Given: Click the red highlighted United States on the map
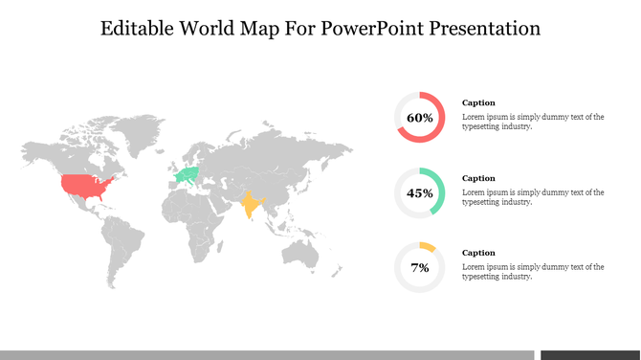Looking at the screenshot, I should (x=84, y=185).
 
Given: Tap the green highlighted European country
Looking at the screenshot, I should (x=188, y=174).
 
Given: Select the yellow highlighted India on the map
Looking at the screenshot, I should (x=251, y=204).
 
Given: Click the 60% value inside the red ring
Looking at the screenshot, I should (x=419, y=118).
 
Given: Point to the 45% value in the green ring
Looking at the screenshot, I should (x=419, y=192).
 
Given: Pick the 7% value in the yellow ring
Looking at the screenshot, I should (x=419, y=267).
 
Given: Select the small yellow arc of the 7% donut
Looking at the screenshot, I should (x=428, y=246).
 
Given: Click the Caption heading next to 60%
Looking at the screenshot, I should (x=478, y=102).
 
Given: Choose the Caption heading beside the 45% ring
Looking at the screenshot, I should (x=478, y=178).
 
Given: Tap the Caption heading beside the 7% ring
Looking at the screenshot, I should (x=478, y=253).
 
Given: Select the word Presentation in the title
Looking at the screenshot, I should (x=488, y=28).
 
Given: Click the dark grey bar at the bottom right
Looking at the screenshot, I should (x=589, y=354).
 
